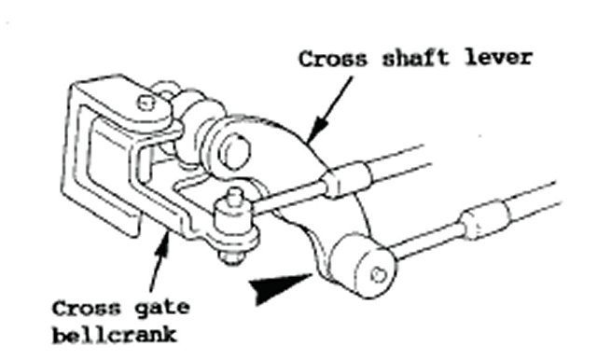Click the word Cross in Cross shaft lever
[x=333, y=59]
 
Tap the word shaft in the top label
[x=416, y=58]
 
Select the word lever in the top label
[x=499, y=58]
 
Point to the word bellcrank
[x=115, y=335]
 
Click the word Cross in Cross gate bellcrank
[x=87, y=309]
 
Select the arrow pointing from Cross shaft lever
[x=329, y=110]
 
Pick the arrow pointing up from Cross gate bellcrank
[x=159, y=262]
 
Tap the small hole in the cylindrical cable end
[x=378, y=274]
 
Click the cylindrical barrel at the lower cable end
[x=363, y=266]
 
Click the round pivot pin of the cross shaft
[x=234, y=151]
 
